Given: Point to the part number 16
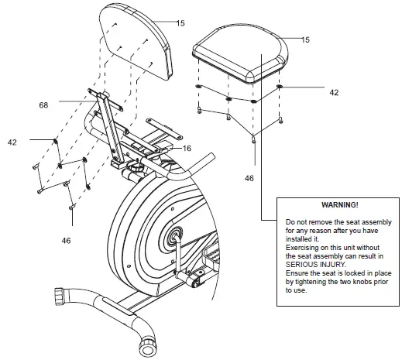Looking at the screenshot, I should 187,148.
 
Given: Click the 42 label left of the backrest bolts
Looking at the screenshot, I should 12,142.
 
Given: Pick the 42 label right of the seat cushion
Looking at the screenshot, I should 334,92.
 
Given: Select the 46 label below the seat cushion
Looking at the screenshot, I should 249,178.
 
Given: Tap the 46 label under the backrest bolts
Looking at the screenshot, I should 67,241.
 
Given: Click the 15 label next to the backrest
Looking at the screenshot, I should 180,24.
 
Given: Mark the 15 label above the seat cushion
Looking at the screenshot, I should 305,39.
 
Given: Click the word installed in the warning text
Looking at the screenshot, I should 302,238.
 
